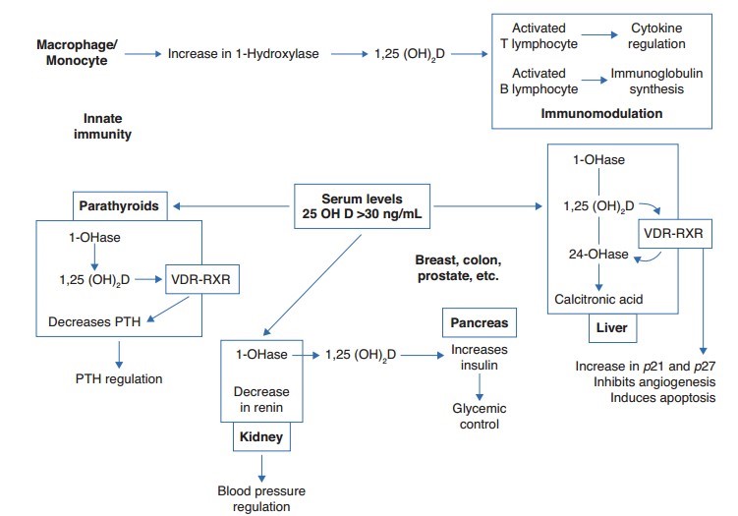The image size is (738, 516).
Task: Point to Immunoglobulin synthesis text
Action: [664, 81]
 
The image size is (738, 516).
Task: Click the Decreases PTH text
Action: [95, 321]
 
